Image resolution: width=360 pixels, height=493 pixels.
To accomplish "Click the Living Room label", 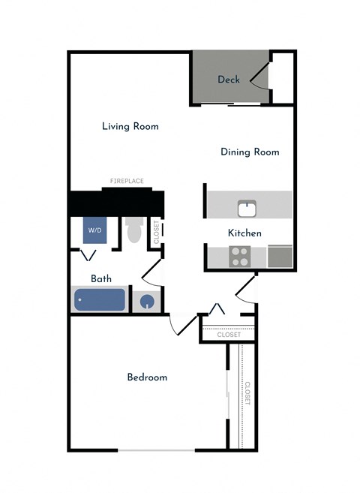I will click(x=130, y=126).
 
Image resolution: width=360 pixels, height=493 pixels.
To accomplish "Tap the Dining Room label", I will click(x=250, y=152).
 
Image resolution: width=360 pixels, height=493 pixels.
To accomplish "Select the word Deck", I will click(x=229, y=79).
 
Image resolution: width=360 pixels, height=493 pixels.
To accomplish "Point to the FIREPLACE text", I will click(x=127, y=181).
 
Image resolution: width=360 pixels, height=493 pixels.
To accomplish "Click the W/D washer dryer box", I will click(x=94, y=230).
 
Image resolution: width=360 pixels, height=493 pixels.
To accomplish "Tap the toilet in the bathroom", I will click(x=135, y=230).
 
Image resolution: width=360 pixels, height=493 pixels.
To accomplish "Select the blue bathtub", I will click(x=100, y=301).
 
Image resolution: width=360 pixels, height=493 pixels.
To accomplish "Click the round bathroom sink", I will click(x=148, y=302).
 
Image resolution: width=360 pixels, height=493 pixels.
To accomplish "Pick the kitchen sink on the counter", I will click(x=247, y=208).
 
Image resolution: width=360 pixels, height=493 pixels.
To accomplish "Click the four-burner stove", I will click(x=240, y=257).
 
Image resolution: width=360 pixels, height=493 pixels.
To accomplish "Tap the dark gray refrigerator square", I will click(x=280, y=256).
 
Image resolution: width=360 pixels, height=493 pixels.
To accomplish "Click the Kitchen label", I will click(x=244, y=233).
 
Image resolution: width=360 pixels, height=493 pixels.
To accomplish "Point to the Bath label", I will click(x=101, y=278).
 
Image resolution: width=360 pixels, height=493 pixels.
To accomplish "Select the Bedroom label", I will click(x=147, y=377).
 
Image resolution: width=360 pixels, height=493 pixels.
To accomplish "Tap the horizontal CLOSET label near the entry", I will click(x=229, y=335).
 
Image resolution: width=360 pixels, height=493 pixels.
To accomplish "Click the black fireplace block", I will click(x=116, y=202).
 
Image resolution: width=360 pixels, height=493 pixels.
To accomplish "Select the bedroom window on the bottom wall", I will click(x=157, y=450).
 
